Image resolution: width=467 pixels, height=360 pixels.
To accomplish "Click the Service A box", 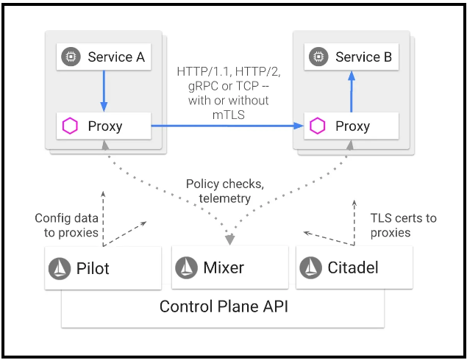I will coord(104,57).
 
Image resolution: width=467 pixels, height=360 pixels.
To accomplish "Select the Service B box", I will coord(352,57).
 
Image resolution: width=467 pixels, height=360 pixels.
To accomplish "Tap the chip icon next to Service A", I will coord(71,57).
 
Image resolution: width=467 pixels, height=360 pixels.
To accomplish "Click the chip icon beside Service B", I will coord(318,57).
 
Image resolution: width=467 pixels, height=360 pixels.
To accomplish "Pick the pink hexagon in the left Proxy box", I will coord(71,126).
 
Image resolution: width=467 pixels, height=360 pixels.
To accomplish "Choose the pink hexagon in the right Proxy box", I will coord(318,126).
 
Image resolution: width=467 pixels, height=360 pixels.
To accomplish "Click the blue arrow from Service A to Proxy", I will coord(104,91).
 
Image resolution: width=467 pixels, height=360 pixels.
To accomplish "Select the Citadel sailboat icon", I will coord(310,268).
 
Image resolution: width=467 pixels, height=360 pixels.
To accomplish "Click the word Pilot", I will coord(93,268).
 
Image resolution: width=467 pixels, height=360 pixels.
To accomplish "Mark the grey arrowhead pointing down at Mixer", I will coord(230,240).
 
